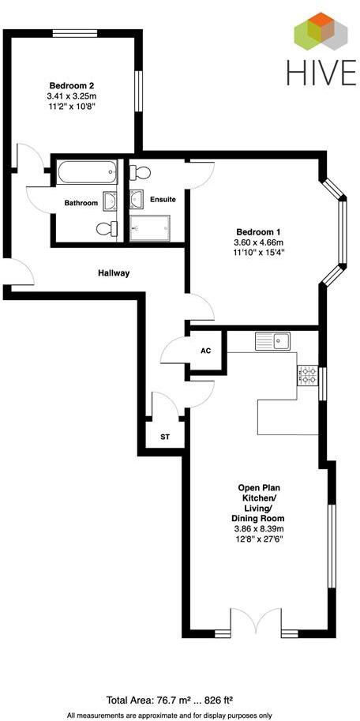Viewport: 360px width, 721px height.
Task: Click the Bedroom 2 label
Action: [72, 85]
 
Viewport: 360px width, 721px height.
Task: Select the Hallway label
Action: [114, 273]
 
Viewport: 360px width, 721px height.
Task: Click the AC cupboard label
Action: [206, 351]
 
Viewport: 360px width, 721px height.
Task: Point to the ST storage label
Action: [165, 437]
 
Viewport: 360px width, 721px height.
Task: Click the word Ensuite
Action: [163, 200]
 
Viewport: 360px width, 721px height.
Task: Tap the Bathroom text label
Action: [81, 203]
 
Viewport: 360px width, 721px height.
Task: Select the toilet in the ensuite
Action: [141, 172]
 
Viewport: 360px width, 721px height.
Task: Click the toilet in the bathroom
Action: [106, 229]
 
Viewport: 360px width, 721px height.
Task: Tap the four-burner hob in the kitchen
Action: [307, 375]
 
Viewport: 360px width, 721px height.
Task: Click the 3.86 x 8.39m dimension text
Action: [257, 528]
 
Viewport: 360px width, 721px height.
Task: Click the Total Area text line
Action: [179, 700]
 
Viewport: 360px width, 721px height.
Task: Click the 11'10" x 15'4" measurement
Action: [258, 253]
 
